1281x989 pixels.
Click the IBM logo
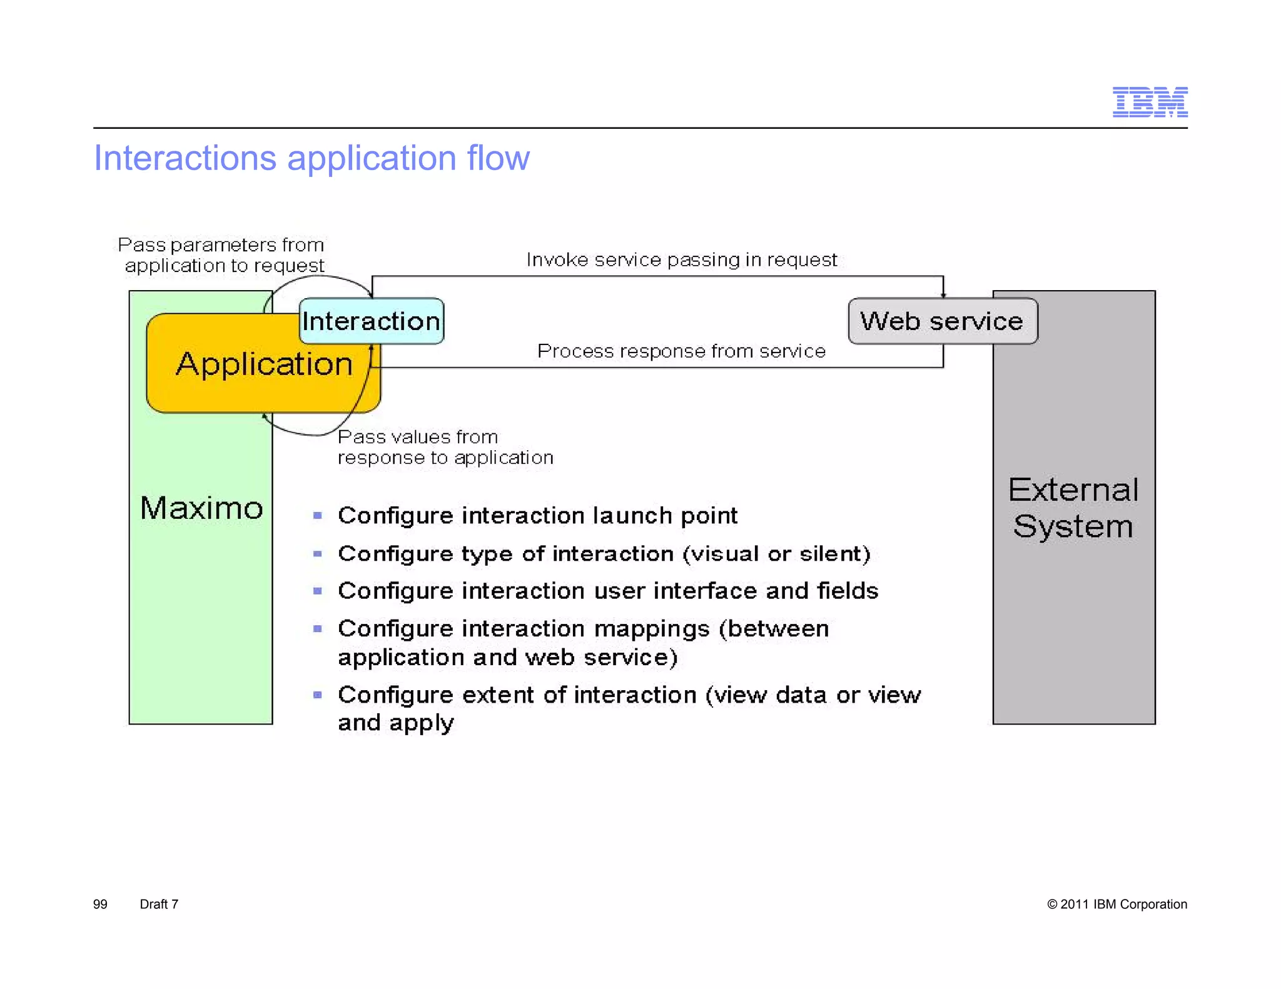click(1150, 102)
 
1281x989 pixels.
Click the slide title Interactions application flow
click(311, 158)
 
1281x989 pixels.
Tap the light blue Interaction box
click(372, 321)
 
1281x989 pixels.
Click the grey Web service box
click(942, 321)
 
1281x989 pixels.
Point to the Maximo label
click(201, 508)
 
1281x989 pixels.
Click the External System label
click(1073, 508)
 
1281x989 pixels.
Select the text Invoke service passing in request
click(681, 259)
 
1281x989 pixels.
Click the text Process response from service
click(681, 351)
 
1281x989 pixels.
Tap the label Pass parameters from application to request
click(222, 255)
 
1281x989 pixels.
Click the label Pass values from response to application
click(444, 447)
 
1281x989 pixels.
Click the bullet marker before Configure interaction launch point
click(318, 516)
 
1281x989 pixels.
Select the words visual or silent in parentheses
click(776, 554)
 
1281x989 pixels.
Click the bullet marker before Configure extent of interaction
click(318, 695)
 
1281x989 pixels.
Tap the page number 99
click(100, 904)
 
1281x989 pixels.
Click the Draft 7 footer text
click(159, 904)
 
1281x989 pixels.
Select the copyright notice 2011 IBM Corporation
click(1116, 904)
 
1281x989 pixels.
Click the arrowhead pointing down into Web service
click(943, 294)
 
